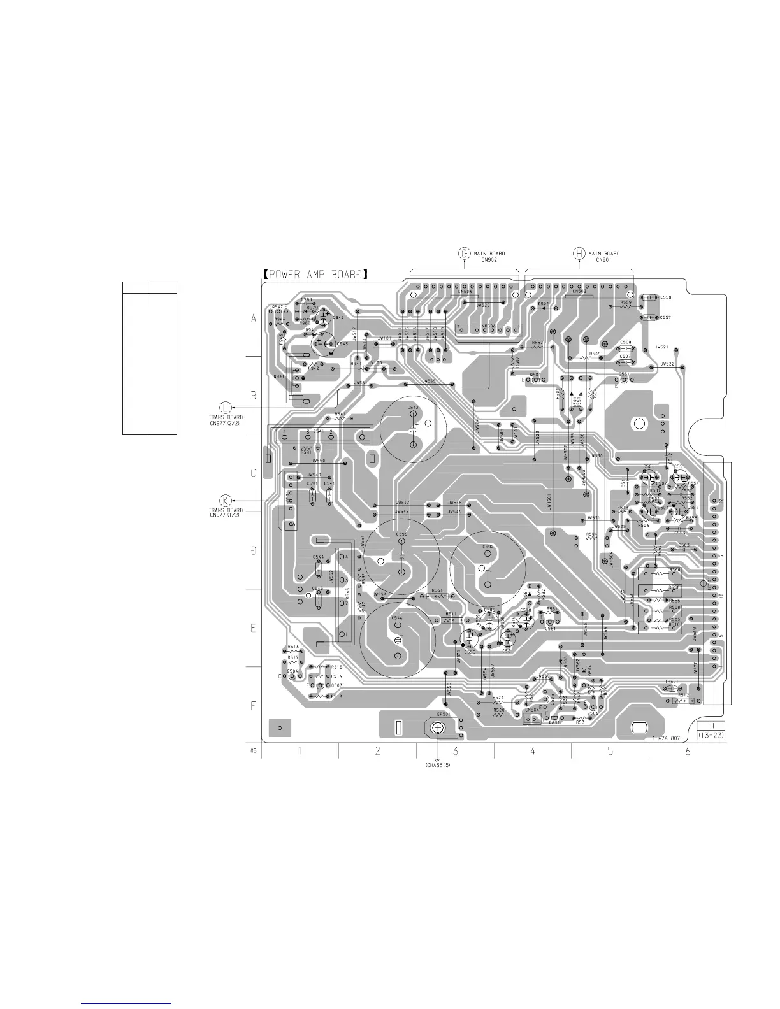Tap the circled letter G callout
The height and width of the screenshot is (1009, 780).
click(465, 254)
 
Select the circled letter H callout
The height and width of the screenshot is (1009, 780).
click(579, 254)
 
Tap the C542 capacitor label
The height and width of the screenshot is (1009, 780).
click(413, 407)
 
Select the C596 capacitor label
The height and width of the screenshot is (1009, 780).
click(401, 534)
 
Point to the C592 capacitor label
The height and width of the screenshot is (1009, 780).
click(488, 547)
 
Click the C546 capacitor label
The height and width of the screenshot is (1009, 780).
click(397, 618)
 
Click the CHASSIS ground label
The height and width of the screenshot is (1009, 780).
click(438, 765)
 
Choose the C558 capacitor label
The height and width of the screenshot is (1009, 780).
click(665, 297)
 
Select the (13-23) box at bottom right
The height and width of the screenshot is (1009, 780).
click(713, 736)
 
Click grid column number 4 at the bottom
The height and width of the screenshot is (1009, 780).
click(533, 752)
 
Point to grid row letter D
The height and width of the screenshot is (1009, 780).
click(253, 550)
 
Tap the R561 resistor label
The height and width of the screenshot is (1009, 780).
click(437, 590)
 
